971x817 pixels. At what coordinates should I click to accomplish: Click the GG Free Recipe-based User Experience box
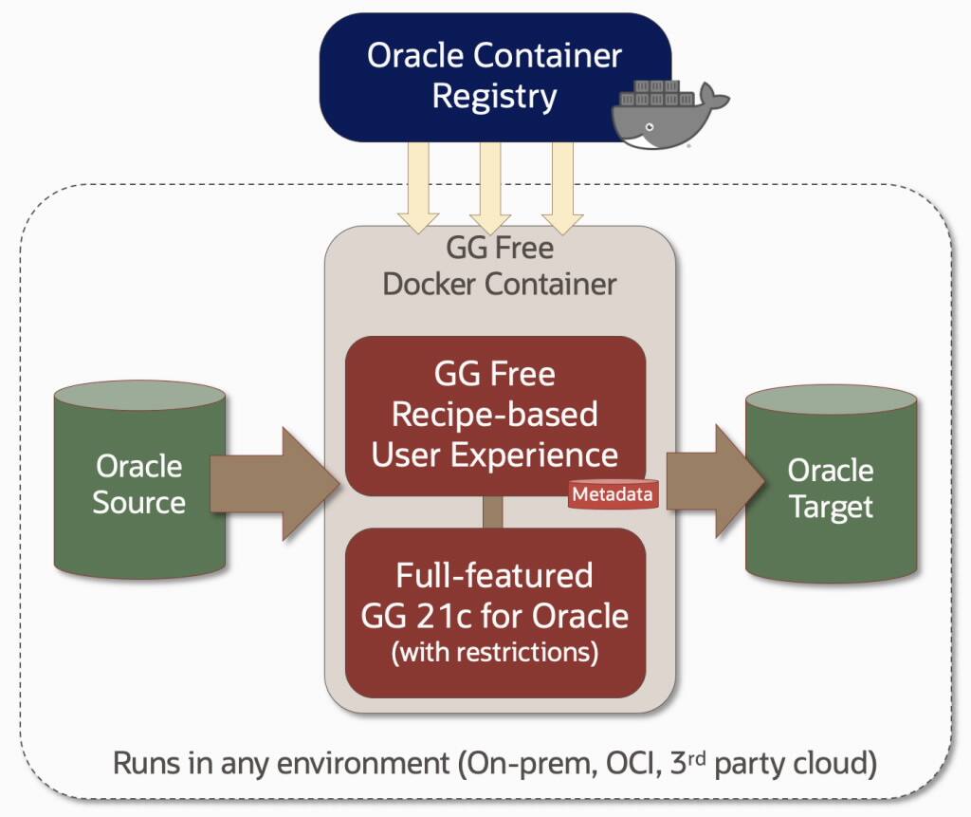tap(494, 415)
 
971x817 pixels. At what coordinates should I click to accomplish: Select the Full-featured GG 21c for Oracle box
tap(494, 613)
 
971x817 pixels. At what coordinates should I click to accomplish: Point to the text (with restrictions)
tap(494, 653)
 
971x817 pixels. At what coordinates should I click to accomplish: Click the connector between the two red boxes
tap(493, 511)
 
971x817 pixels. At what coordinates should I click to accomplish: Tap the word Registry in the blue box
tap(494, 97)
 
